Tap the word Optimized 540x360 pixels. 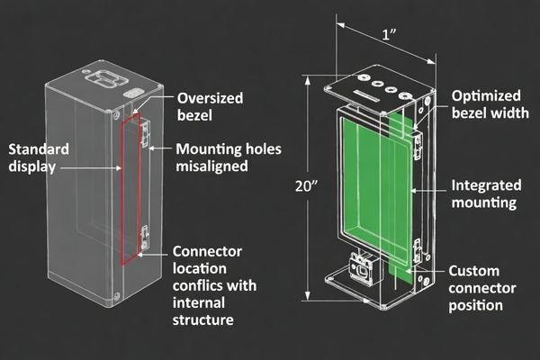tap(486, 95)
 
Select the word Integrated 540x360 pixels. tap(487, 185)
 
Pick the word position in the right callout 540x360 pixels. tap(476, 306)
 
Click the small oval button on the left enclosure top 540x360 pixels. tap(133, 93)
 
